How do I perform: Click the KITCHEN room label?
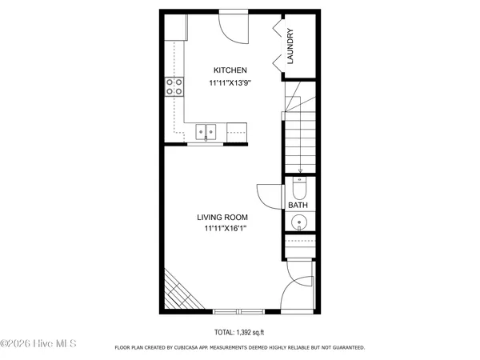(224, 70)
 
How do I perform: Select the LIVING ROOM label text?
(222, 217)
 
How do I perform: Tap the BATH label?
(298, 206)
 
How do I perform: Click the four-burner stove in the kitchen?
(174, 86)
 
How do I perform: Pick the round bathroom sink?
(298, 222)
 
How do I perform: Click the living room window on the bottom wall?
(238, 310)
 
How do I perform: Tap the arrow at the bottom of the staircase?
(299, 170)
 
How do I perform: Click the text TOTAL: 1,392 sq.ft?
(239, 330)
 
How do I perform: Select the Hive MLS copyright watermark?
(38, 344)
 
